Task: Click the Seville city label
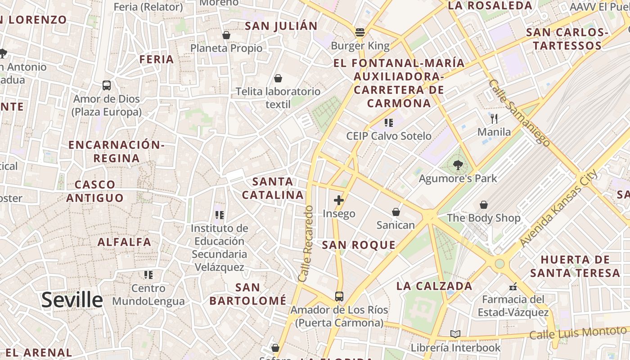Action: pos(72,300)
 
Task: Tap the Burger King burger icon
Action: pos(360,32)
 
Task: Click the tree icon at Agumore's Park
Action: pos(458,165)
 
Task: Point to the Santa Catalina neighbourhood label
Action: pos(273,188)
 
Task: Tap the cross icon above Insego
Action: pos(339,200)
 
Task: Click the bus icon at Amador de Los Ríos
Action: pos(339,297)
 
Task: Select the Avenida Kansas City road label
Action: pos(558,207)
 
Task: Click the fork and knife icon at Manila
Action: pos(494,119)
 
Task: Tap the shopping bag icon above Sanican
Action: pos(396,211)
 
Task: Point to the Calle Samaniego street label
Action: pos(519,112)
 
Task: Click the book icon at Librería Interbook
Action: pos(455,334)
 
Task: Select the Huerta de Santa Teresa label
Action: pos(575,266)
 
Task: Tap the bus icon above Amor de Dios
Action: pos(107,85)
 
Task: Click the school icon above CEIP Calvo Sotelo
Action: pos(389,122)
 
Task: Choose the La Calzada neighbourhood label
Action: pos(434,286)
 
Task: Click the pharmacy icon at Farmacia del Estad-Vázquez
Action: pos(513,286)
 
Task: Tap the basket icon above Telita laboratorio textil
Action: pos(278,78)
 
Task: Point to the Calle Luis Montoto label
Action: pos(577,333)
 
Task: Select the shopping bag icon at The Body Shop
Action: pos(484,205)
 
